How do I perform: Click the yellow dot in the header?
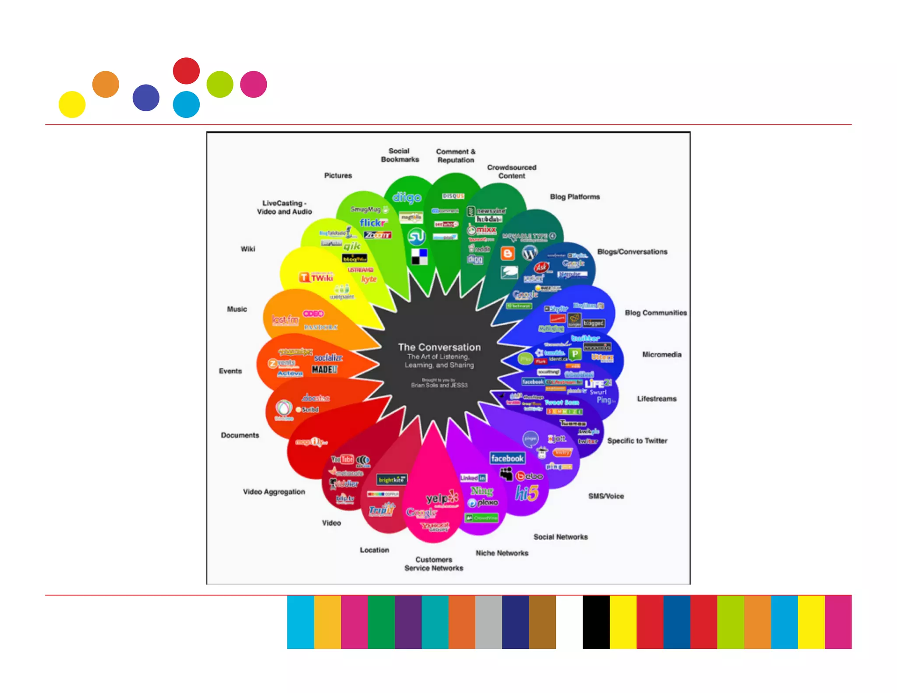pos(72,104)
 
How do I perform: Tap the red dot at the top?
pos(186,71)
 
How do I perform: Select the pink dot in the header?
pos(254,84)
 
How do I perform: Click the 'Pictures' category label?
pos(338,175)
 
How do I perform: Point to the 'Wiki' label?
pos(247,249)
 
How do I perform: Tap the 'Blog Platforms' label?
pos(575,197)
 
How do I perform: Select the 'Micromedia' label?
pos(661,354)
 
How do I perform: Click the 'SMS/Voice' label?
pos(606,496)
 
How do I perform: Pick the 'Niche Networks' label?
pos(502,553)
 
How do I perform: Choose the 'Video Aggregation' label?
pos(274,491)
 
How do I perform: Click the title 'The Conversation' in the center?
pos(439,347)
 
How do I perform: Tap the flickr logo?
pos(373,223)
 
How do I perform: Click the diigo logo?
pos(406,198)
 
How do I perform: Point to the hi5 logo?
pos(526,493)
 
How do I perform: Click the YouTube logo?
pos(343,459)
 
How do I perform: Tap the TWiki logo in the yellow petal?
pos(316,277)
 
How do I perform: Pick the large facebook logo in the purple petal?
pos(507,458)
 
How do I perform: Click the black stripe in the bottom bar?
pos(596,622)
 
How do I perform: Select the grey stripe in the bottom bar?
pos(488,622)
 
